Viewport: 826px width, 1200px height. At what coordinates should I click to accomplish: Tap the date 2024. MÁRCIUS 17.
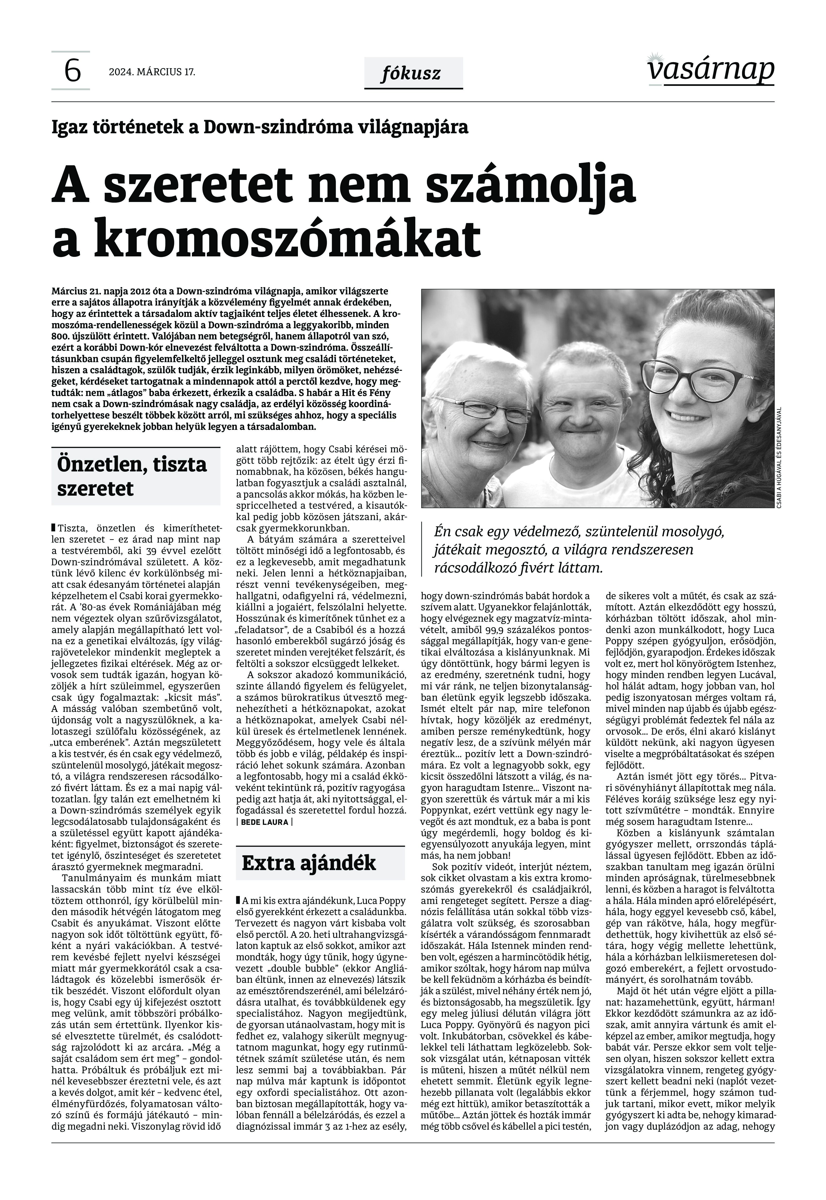[x=152, y=72]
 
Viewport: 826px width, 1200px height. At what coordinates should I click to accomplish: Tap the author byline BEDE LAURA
[x=264, y=822]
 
